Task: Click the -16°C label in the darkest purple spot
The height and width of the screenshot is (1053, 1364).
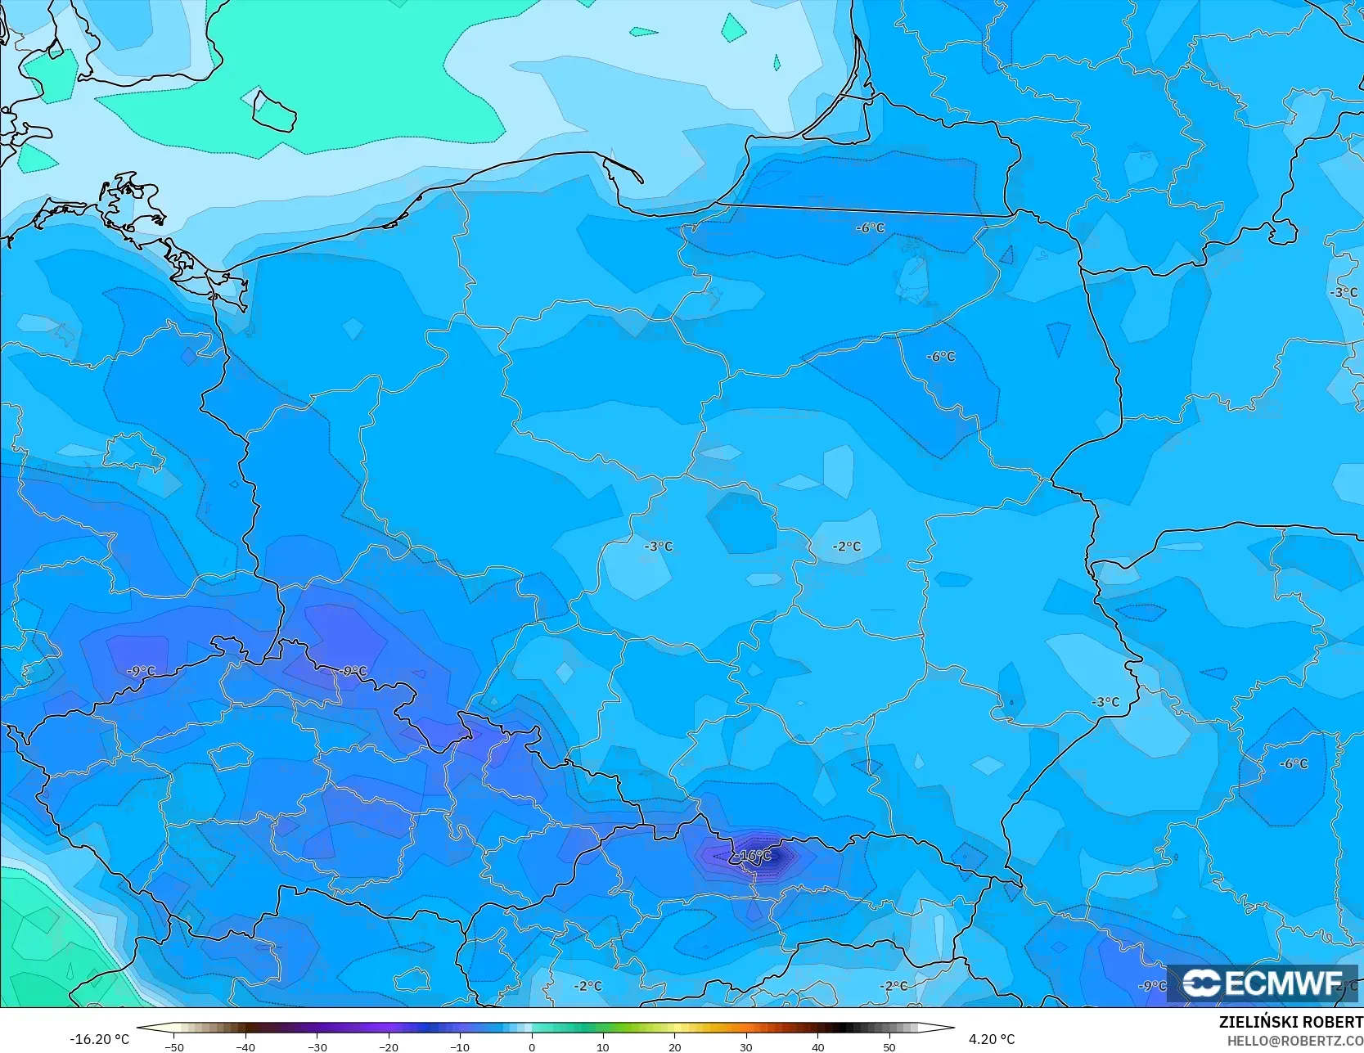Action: (x=754, y=856)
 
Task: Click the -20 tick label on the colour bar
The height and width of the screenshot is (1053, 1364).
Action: (x=388, y=1046)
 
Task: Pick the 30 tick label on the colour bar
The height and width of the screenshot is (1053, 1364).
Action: (x=745, y=1046)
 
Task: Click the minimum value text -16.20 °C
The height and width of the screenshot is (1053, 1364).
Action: (x=100, y=1039)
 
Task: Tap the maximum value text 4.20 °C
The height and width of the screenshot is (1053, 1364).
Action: (x=992, y=1039)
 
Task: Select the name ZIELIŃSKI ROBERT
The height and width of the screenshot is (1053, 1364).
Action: (x=1290, y=1022)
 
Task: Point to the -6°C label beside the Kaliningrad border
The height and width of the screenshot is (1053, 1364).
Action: (x=870, y=228)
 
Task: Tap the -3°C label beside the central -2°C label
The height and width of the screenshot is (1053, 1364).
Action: (x=659, y=547)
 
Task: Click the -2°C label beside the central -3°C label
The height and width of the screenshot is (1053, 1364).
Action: (x=847, y=547)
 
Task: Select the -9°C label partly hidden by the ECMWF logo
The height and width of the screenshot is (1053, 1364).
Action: (x=1153, y=986)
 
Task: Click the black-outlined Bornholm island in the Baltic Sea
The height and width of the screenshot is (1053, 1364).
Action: (x=273, y=111)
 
